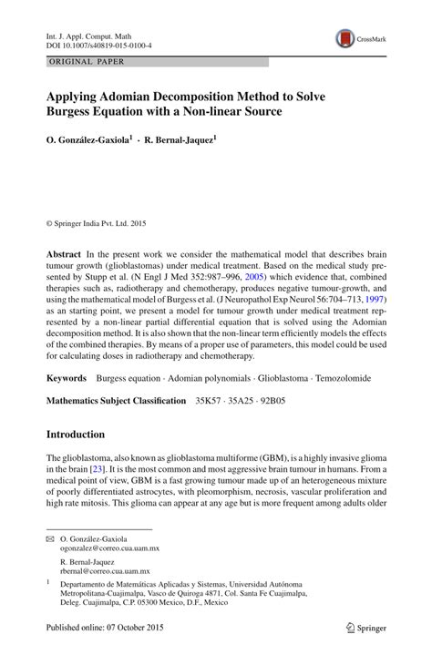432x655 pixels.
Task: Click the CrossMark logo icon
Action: point(347,38)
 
